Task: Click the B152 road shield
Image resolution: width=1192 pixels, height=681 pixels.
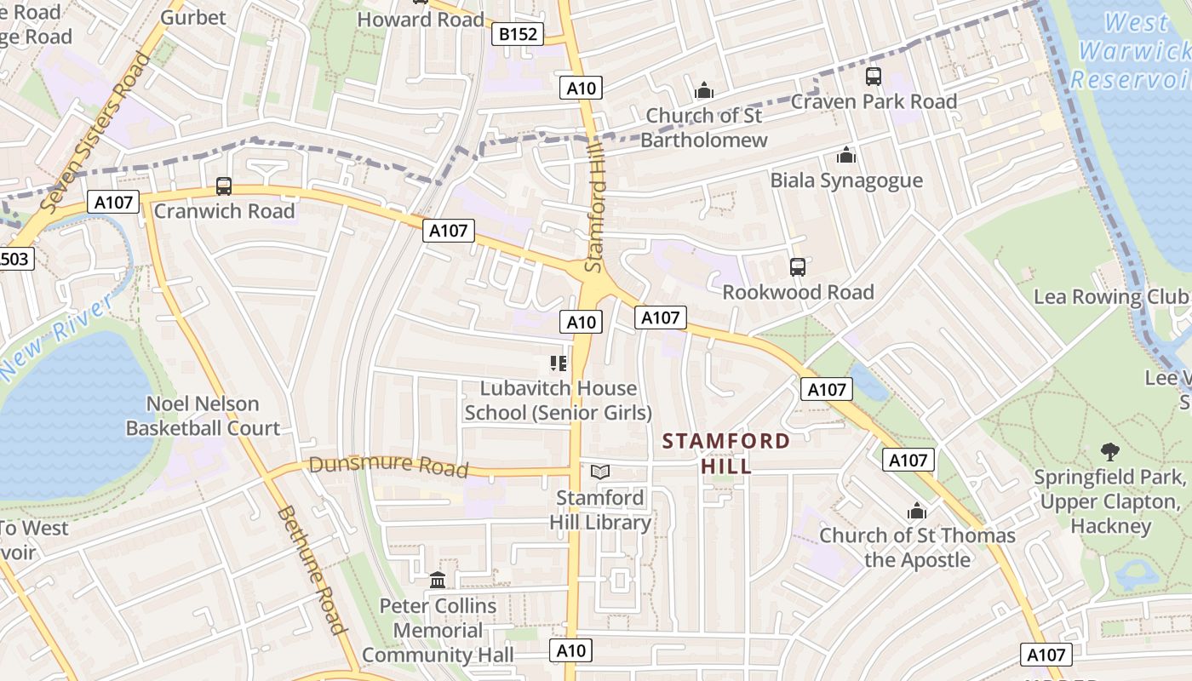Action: pos(518,34)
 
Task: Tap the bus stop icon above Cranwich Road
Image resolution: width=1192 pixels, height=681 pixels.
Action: pos(224,186)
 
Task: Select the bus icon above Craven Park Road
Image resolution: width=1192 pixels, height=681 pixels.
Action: pos(874,77)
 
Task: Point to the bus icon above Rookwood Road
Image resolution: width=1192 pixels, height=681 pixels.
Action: pos(798,267)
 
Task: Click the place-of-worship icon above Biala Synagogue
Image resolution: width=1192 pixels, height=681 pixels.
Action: pos(845,155)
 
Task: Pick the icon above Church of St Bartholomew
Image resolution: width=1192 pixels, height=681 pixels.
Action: pos(704,89)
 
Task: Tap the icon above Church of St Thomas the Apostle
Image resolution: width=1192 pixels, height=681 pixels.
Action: pos(917,511)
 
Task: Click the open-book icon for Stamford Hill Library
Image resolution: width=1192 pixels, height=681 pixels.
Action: pos(600,472)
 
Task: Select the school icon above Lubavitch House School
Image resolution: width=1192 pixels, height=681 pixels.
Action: pos(558,363)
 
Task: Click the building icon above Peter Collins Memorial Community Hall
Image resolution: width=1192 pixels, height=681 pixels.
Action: pos(438,581)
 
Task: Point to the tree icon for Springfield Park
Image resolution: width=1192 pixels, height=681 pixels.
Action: pos(1109,451)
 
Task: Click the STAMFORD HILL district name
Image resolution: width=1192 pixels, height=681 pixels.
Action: pos(726,453)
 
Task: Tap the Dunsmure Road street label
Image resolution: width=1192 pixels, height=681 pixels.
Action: pos(388,466)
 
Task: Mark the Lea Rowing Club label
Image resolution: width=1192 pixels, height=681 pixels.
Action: pos(1110,297)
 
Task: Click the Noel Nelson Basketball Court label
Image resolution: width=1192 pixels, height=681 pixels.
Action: pos(203,415)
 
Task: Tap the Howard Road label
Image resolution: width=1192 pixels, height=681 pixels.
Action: pos(421,19)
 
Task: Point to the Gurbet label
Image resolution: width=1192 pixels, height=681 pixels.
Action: pos(193,17)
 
